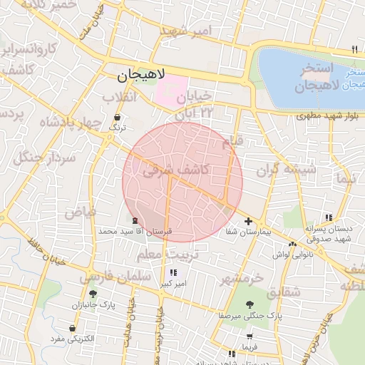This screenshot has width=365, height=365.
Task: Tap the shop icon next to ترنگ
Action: (x=117, y=116)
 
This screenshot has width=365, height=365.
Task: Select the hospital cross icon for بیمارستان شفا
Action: (x=247, y=222)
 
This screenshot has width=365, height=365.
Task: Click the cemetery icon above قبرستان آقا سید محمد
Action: (x=135, y=220)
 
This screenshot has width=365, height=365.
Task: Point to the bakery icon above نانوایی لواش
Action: (x=292, y=244)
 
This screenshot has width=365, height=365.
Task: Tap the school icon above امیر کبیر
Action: (x=173, y=272)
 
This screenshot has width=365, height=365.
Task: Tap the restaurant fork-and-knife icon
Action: (x=354, y=49)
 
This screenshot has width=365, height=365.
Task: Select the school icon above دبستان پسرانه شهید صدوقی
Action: (x=328, y=217)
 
